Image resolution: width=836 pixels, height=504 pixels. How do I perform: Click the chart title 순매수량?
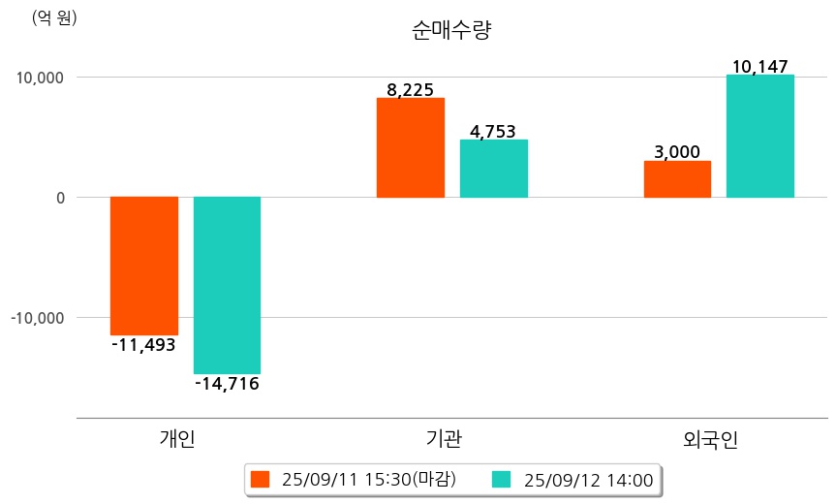coord(452,30)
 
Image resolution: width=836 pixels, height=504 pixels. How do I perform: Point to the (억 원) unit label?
coord(54,17)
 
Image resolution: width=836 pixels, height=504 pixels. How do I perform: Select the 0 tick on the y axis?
coord(59,198)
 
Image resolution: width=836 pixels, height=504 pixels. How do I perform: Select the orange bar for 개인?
coord(144,266)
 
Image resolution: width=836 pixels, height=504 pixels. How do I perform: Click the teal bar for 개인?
coord(227,285)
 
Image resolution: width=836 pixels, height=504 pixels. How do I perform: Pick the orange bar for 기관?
coord(411,147)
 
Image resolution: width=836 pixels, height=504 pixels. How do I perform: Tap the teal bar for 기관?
coord(494,169)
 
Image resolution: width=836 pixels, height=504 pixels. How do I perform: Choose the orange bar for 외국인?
coord(677,179)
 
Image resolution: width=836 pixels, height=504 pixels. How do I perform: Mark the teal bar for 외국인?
coord(760,136)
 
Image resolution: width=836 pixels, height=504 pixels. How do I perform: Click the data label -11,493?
coord(143,344)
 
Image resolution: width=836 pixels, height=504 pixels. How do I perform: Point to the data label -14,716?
coord(227,384)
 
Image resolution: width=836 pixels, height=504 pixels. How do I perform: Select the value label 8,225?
coord(410,90)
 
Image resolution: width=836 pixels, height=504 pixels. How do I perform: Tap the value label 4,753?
coord(493,132)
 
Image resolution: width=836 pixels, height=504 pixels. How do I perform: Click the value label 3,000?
coord(677,152)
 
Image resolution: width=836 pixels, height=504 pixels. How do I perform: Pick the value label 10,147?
coord(760,67)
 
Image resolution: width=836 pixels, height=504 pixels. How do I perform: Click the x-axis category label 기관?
coord(445,439)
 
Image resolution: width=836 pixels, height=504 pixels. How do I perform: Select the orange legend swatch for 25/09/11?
coord(260,479)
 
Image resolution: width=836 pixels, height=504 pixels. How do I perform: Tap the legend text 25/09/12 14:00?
coord(588,479)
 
